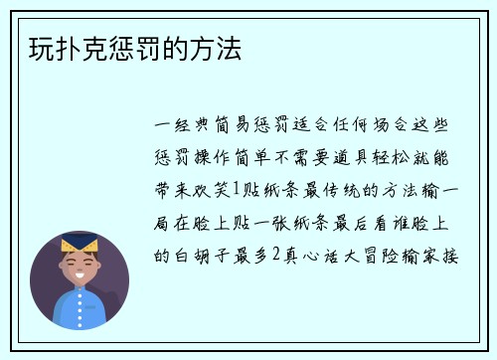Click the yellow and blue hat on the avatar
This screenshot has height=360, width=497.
point(79,245)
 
